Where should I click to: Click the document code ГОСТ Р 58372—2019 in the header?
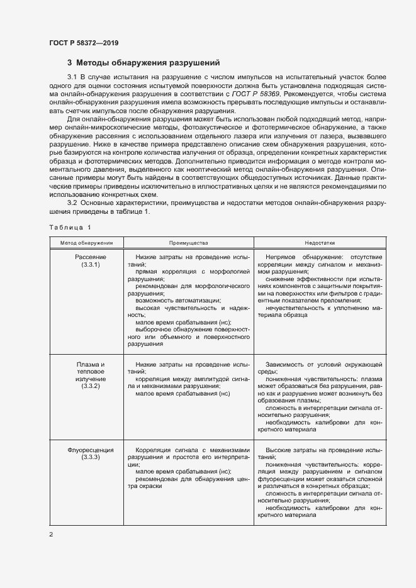pyautogui.click(x=84, y=43)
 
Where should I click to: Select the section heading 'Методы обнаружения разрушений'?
pyautogui.click(x=148, y=63)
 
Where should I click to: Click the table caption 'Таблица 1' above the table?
pyautogui.click(x=70, y=226)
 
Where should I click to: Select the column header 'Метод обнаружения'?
pyautogui.click(x=86, y=242)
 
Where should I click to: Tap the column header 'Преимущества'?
pyautogui.click(x=188, y=242)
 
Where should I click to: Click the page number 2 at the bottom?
pyautogui.click(x=51, y=535)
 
